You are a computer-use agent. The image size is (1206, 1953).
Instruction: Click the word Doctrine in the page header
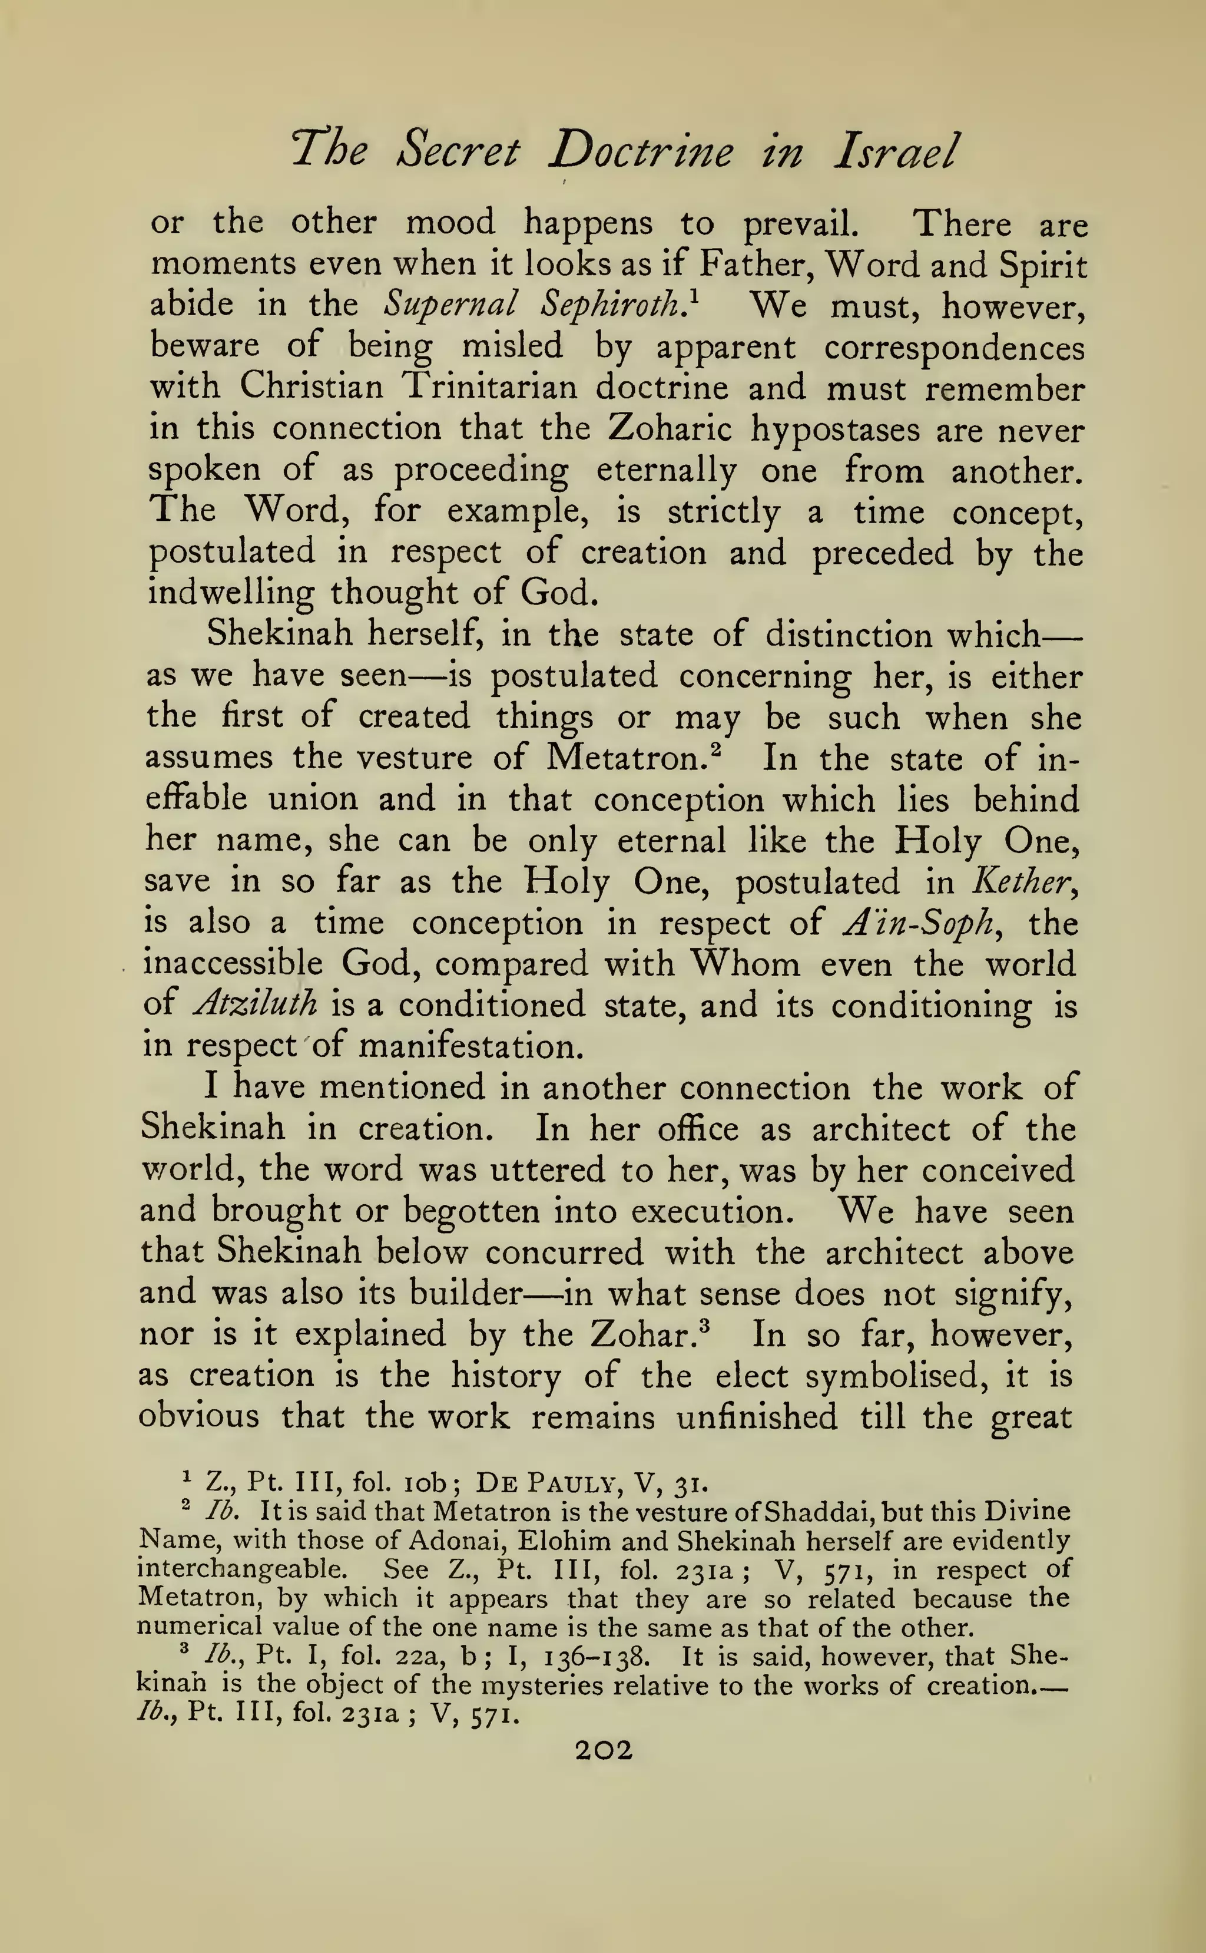[641, 151]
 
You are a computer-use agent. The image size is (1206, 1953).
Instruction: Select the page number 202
[604, 1750]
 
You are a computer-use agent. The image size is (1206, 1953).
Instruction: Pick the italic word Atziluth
[255, 1004]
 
